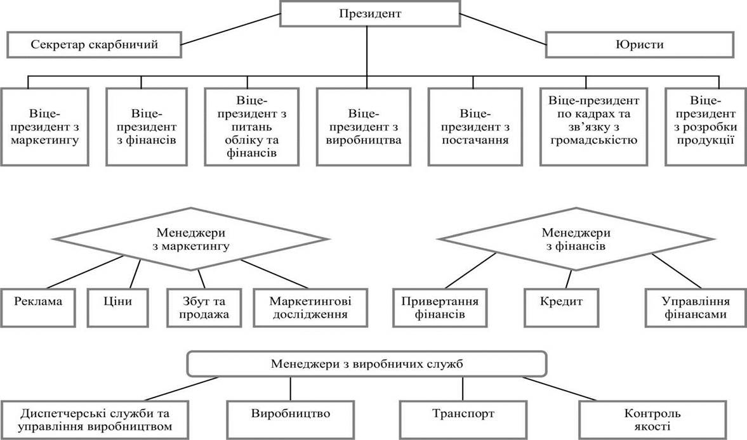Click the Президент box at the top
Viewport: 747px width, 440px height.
coord(370,13)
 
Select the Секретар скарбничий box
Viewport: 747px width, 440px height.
coord(94,45)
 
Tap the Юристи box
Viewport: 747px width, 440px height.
coord(639,45)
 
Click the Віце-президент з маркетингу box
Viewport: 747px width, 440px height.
coord(45,127)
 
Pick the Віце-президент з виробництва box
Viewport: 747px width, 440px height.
coord(364,127)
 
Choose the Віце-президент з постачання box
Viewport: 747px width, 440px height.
coord(475,127)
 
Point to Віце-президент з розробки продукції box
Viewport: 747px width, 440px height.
coord(706,127)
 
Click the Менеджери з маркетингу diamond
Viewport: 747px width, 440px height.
coord(190,239)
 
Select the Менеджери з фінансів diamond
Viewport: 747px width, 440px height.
coord(576,239)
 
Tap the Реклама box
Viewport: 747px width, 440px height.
coord(38,307)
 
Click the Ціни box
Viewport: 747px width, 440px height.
coord(117,307)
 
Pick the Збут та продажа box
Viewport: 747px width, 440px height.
coord(204,307)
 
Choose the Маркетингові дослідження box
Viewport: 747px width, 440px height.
coord(310,307)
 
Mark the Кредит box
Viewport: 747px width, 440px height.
coord(561,307)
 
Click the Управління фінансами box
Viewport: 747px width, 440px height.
coord(696,307)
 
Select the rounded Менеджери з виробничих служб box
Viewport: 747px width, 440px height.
coord(367,365)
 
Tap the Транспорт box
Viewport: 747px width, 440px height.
coord(463,420)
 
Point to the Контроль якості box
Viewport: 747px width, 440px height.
coord(652,420)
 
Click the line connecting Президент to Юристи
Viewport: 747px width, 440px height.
coord(503,30)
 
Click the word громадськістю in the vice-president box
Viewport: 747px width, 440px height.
coord(593,140)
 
